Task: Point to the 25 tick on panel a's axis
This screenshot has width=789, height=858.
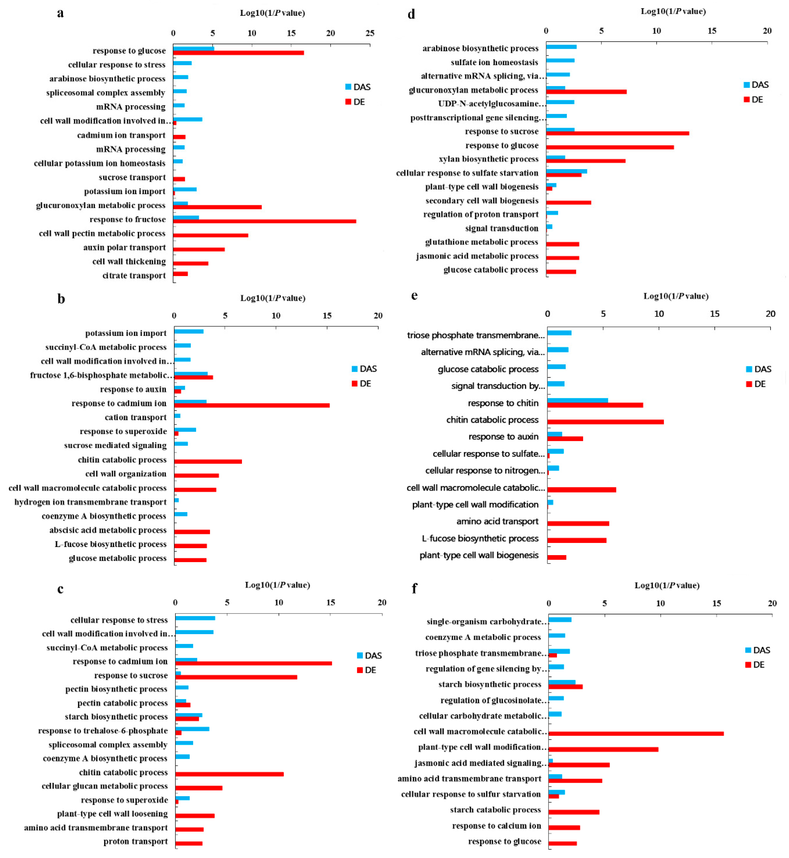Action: [x=370, y=33]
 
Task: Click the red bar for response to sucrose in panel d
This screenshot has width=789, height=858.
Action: [x=617, y=133]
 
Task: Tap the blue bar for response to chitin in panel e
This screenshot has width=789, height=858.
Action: [x=577, y=400]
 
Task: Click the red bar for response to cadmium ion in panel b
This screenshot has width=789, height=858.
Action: [x=252, y=405]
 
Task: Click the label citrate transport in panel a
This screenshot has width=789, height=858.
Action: [x=134, y=276]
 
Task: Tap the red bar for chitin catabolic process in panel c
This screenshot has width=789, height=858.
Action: [x=229, y=774]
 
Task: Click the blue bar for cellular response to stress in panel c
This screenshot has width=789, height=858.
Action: [x=195, y=618]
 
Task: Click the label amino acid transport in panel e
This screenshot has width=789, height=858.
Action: [x=497, y=521]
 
